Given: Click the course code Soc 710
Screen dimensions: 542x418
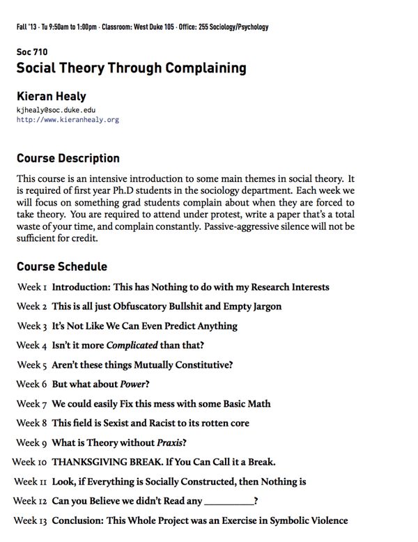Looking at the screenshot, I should coord(31,52).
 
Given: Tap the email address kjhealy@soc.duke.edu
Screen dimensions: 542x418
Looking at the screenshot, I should coord(56,110).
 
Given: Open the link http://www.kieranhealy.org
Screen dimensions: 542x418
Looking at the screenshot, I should coord(68,120).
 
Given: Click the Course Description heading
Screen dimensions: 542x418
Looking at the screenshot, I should coord(68,158).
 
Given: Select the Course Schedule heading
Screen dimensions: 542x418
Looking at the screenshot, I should coord(61,267).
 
